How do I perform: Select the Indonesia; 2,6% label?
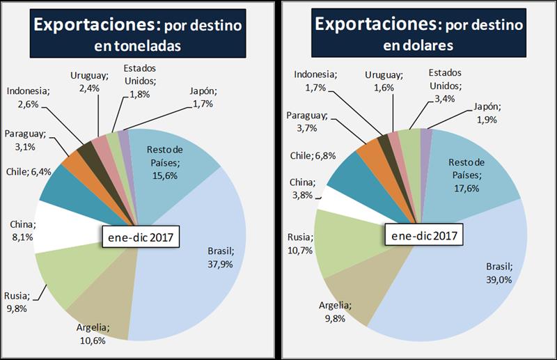click(28, 97)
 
